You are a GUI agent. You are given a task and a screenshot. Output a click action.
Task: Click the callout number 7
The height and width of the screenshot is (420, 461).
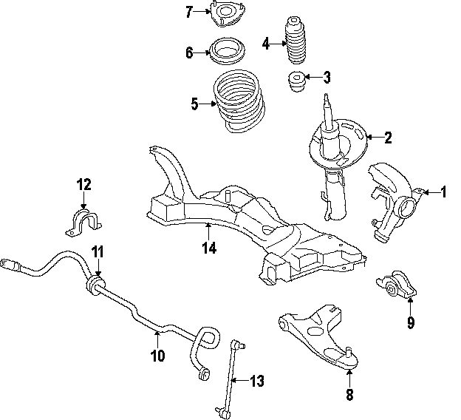pos(189,11)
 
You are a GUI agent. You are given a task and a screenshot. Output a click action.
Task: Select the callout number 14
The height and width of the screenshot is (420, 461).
pos(209,248)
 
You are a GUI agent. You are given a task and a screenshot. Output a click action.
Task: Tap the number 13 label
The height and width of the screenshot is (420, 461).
pos(256,382)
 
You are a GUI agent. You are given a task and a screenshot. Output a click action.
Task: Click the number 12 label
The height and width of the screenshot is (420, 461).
pos(83,183)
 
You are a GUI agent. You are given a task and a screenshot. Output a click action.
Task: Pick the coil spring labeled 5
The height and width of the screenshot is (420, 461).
pos(235,102)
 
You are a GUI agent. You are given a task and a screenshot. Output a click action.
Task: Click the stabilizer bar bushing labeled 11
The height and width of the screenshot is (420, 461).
pos(95,285)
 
